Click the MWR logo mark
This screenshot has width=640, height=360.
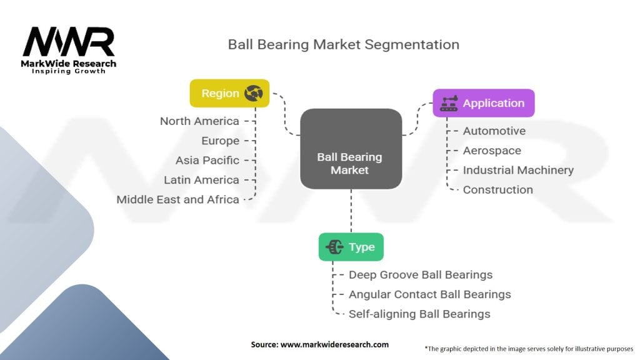coord(69,42)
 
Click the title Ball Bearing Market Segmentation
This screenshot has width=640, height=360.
coord(343,44)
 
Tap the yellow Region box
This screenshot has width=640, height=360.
coord(229,94)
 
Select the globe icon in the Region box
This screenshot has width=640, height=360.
coord(254,94)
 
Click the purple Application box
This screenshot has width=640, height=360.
coord(484,103)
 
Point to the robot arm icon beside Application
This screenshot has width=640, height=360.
coord(449,103)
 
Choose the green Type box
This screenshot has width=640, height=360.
coord(351,247)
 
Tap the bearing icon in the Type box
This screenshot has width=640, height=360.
coord(334,247)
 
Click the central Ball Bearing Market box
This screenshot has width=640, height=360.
coord(351,149)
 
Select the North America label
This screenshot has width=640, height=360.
coord(199,121)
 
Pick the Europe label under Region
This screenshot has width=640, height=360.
coord(221,141)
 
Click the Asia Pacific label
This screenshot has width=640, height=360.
coord(207,161)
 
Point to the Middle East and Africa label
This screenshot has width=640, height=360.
coord(177,199)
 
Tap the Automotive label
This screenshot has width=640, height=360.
coord(494,131)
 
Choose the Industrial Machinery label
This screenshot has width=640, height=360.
coord(518,170)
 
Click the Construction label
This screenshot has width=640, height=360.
coord(498,190)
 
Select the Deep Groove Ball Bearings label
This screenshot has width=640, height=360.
coord(421,275)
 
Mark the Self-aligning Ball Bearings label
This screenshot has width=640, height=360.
coord(419,314)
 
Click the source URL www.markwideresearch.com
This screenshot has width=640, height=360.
coord(334,344)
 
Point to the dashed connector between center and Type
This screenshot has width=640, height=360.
coord(351,211)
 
